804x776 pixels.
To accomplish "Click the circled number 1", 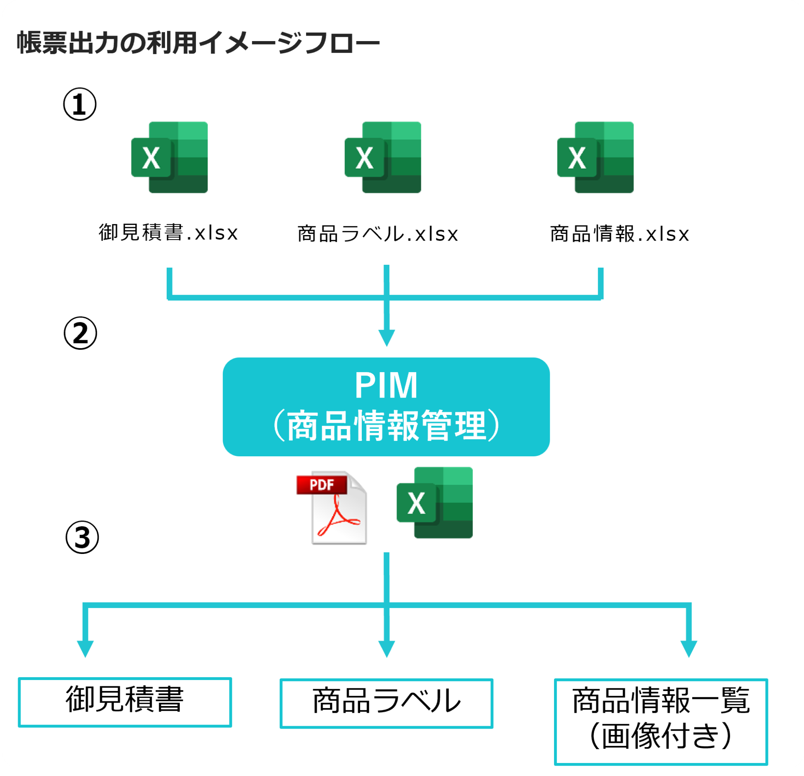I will coord(80,104).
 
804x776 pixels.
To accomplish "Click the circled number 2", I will coord(80,334).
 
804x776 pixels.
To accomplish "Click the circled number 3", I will coord(82,538).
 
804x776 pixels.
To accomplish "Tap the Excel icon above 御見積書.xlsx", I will coord(170,158).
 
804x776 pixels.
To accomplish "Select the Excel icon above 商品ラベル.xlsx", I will coord(383,158).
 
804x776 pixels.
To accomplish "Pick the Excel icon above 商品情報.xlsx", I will coord(595,158).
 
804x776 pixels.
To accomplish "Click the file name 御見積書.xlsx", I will coord(168,233).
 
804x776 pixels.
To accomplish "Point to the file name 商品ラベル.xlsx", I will coord(378,234).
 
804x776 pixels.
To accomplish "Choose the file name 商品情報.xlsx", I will coord(620,234).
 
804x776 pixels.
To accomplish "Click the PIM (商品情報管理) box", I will coord(386,407).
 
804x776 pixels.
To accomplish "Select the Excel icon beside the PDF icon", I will coord(435,503).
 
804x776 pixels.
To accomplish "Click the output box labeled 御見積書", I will coord(125,702).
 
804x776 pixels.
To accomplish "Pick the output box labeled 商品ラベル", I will coord(386,704).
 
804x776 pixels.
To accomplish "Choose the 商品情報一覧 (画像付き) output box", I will coord(661,722).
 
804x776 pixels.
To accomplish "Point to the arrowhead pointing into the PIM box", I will coord(387,337).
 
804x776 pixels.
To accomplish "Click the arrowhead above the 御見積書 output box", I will coord(85,648).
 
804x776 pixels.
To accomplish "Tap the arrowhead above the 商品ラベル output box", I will coord(387,648).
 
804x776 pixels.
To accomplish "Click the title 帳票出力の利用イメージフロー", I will coord(198,43).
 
